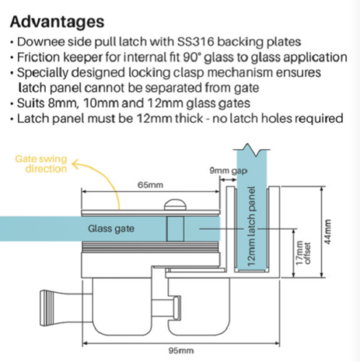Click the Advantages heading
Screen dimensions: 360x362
point(57,22)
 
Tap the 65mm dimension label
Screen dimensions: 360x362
point(151,185)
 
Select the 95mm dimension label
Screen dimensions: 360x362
point(181,350)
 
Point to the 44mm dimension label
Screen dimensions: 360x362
point(327,232)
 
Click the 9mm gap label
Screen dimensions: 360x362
point(228,171)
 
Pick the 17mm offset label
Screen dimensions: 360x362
point(303,253)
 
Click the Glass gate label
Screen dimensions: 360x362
point(111,229)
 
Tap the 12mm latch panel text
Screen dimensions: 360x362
point(251,227)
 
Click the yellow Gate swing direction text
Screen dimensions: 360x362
point(41,164)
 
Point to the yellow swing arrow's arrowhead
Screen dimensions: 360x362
point(75,164)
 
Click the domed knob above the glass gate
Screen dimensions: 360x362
point(175,205)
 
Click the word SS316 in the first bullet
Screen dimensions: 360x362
point(196,42)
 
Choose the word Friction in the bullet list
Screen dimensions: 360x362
point(38,57)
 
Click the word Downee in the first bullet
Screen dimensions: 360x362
point(41,42)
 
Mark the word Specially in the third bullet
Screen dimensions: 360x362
point(43,73)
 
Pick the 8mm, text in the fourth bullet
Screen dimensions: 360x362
point(64,104)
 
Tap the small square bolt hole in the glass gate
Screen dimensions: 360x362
point(175,229)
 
